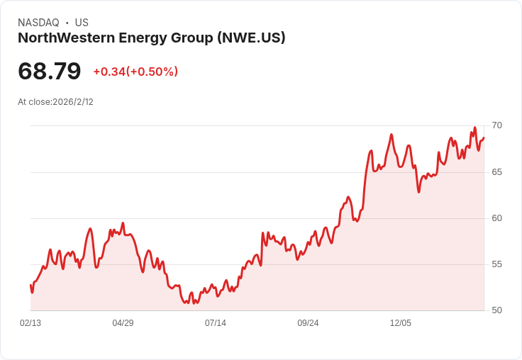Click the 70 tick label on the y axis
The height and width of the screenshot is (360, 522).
coord(496,125)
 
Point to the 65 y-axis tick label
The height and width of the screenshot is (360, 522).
coord(496,172)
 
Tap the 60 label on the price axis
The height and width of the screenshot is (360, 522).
coord(496,218)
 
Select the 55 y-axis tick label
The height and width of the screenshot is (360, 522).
coord(496,264)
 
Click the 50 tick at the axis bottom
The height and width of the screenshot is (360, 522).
coord(496,310)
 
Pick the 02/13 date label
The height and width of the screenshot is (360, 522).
coord(30,323)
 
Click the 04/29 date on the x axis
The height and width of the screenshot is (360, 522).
coord(123,323)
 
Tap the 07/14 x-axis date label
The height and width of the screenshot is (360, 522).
coord(216,323)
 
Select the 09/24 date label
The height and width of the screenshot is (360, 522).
coord(308,323)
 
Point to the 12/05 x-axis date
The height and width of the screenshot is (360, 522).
coord(401,323)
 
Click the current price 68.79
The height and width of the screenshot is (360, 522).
coord(49,71)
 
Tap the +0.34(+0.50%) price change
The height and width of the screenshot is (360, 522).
coord(135,72)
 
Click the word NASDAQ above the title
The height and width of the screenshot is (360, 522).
coord(38,23)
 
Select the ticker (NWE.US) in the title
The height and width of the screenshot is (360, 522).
coord(251,38)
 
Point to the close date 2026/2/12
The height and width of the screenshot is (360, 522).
coord(73,102)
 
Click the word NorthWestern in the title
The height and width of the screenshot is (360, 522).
coord(66,38)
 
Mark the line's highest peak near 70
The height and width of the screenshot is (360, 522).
coord(475,128)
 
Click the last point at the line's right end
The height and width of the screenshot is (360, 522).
coord(484,137)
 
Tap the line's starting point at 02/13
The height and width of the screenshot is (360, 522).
coord(30,285)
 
